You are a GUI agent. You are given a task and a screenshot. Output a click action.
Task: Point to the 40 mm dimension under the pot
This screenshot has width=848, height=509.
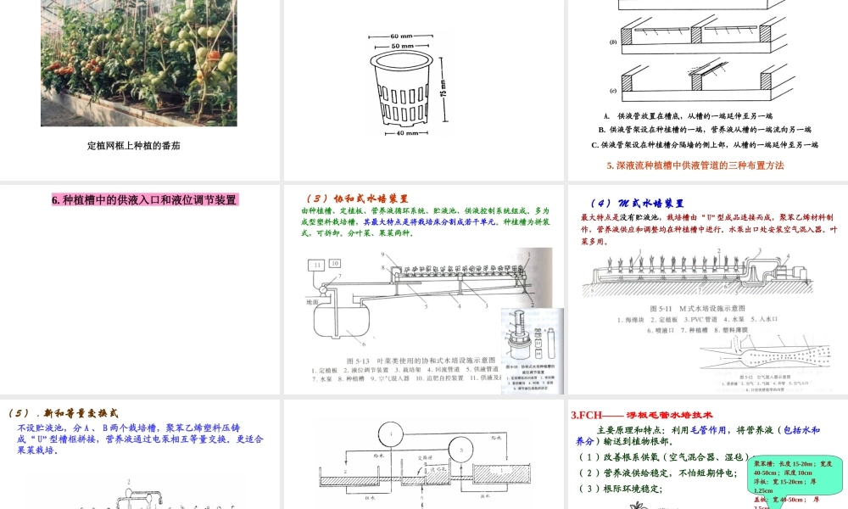point(405,132)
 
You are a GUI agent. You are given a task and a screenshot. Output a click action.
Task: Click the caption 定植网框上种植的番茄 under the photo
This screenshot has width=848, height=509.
point(134,145)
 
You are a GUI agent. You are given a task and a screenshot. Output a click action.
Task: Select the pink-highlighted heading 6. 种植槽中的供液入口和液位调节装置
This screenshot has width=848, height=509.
point(144,200)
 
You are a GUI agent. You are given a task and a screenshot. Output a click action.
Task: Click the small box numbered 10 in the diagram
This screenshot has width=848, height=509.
point(335,264)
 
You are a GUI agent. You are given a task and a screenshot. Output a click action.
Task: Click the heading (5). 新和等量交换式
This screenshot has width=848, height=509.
point(64,413)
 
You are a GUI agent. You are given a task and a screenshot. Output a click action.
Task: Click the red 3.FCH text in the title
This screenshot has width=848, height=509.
point(587,415)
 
